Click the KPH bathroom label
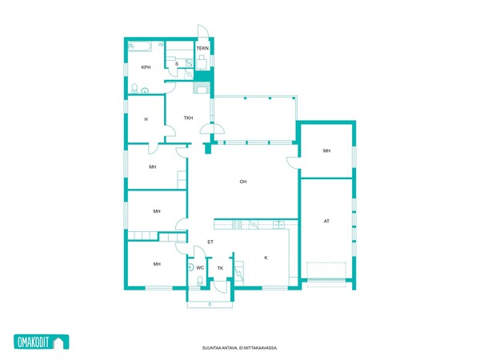[x=146, y=67]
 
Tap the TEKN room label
[x=202, y=48]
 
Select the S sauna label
[x=177, y=64]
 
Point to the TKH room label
[x=188, y=118]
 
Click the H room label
[x=146, y=119]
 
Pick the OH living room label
[x=243, y=182]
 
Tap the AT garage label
[x=326, y=221]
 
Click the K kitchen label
[x=266, y=258]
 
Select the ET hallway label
[x=210, y=242]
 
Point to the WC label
[x=200, y=268]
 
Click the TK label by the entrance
[x=220, y=268]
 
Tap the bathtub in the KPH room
[x=139, y=46]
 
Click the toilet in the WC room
[x=200, y=281]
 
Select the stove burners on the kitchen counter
[x=237, y=225]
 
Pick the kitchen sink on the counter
[x=278, y=225]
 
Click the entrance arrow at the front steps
[x=210, y=304]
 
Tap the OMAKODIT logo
[x=42, y=342]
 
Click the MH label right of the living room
[x=326, y=150]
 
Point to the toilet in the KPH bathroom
[x=134, y=89]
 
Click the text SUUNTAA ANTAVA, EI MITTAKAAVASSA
[x=240, y=348]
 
